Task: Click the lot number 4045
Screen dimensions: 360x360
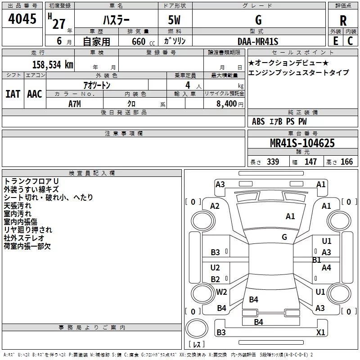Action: pos(22,19)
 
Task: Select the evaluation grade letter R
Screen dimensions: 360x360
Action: pos(343,21)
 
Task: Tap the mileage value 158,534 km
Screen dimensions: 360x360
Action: pos(53,64)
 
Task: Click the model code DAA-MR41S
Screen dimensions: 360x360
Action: pos(258,41)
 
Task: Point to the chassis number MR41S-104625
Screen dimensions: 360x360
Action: pos(302,143)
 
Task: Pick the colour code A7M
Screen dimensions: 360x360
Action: pos(75,104)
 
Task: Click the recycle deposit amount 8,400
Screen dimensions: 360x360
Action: pos(226,103)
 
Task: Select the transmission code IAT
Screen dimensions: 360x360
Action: pos(13,94)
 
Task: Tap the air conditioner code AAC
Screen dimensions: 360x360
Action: pos(35,94)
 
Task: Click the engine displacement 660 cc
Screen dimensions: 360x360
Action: pos(143,41)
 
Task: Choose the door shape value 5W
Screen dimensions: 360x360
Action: pos(174,20)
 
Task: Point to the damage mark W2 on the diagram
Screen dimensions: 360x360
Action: pos(221,292)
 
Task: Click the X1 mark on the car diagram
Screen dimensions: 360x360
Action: pos(320,332)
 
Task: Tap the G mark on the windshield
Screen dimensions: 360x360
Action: pos(284,237)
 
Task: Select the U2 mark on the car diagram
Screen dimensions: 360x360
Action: pos(215,267)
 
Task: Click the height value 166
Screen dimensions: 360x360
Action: pos(346,162)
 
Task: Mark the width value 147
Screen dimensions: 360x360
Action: pos(310,162)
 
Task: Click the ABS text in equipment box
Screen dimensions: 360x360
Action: pos(258,121)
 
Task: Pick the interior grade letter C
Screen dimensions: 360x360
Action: pos(350,41)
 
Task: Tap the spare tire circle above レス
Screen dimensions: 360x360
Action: pos(197,328)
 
